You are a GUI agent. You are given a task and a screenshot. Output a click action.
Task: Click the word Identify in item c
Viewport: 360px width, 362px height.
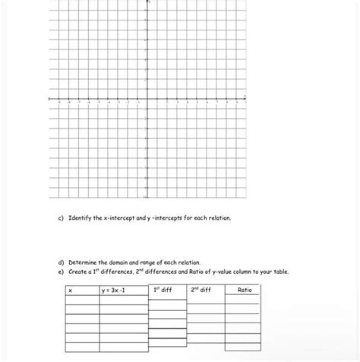click(x=80, y=218)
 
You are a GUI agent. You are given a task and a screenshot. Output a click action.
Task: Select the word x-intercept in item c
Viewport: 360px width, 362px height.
click(x=121, y=218)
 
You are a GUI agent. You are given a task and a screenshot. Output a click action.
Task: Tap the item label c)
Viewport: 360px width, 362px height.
click(x=61, y=218)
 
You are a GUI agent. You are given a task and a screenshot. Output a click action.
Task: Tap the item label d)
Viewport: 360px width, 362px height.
click(x=61, y=262)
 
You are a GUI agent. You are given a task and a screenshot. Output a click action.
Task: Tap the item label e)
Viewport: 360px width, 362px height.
click(x=61, y=271)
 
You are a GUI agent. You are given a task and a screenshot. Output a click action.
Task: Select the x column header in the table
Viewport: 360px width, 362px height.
click(x=70, y=291)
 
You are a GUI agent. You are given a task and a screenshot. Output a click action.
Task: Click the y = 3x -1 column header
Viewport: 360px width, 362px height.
click(x=116, y=291)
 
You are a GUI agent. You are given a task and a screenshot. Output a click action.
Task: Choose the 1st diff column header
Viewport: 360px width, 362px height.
click(x=163, y=290)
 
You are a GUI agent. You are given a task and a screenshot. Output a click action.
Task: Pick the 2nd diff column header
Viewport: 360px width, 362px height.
click(x=201, y=290)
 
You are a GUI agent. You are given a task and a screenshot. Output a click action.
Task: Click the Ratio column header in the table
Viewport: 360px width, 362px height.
click(x=244, y=290)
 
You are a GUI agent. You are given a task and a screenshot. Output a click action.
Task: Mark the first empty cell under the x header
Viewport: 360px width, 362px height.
click(x=82, y=300)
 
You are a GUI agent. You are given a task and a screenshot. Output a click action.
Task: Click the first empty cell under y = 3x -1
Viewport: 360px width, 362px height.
click(x=123, y=300)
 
